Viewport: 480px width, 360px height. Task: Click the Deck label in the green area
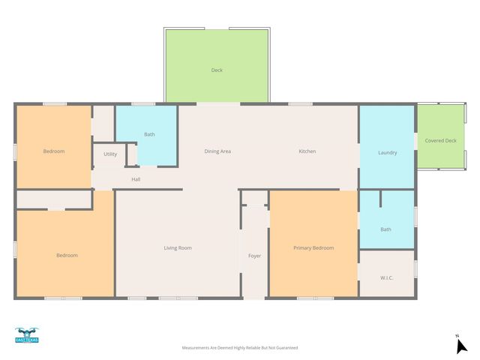pos(217,70)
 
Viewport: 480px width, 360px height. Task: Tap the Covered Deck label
pos(440,141)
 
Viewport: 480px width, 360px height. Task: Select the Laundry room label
pos(387,153)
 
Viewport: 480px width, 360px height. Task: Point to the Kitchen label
pos(307,151)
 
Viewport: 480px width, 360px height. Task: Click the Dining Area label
pos(217,151)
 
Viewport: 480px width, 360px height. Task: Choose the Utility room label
pos(110,154)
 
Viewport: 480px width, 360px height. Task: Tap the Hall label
pos(136,179)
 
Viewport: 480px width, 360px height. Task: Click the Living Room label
pos(178,247)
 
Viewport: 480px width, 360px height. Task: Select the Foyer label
pos(255,256)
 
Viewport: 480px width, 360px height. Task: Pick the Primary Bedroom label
pos(313,247)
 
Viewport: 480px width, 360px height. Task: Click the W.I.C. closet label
pos(387,277)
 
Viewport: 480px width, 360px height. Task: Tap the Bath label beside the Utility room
pos(149,134)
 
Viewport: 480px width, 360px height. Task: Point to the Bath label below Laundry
pos(385,229)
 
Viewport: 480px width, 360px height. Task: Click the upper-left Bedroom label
pos(53,151)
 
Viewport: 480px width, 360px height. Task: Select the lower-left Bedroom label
pos(67,255)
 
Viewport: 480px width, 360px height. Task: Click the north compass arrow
pos(462,346)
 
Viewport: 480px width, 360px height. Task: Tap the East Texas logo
pos(26,335)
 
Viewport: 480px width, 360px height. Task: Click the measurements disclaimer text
pos(240,348)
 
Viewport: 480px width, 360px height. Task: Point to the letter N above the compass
pos(457,335)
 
